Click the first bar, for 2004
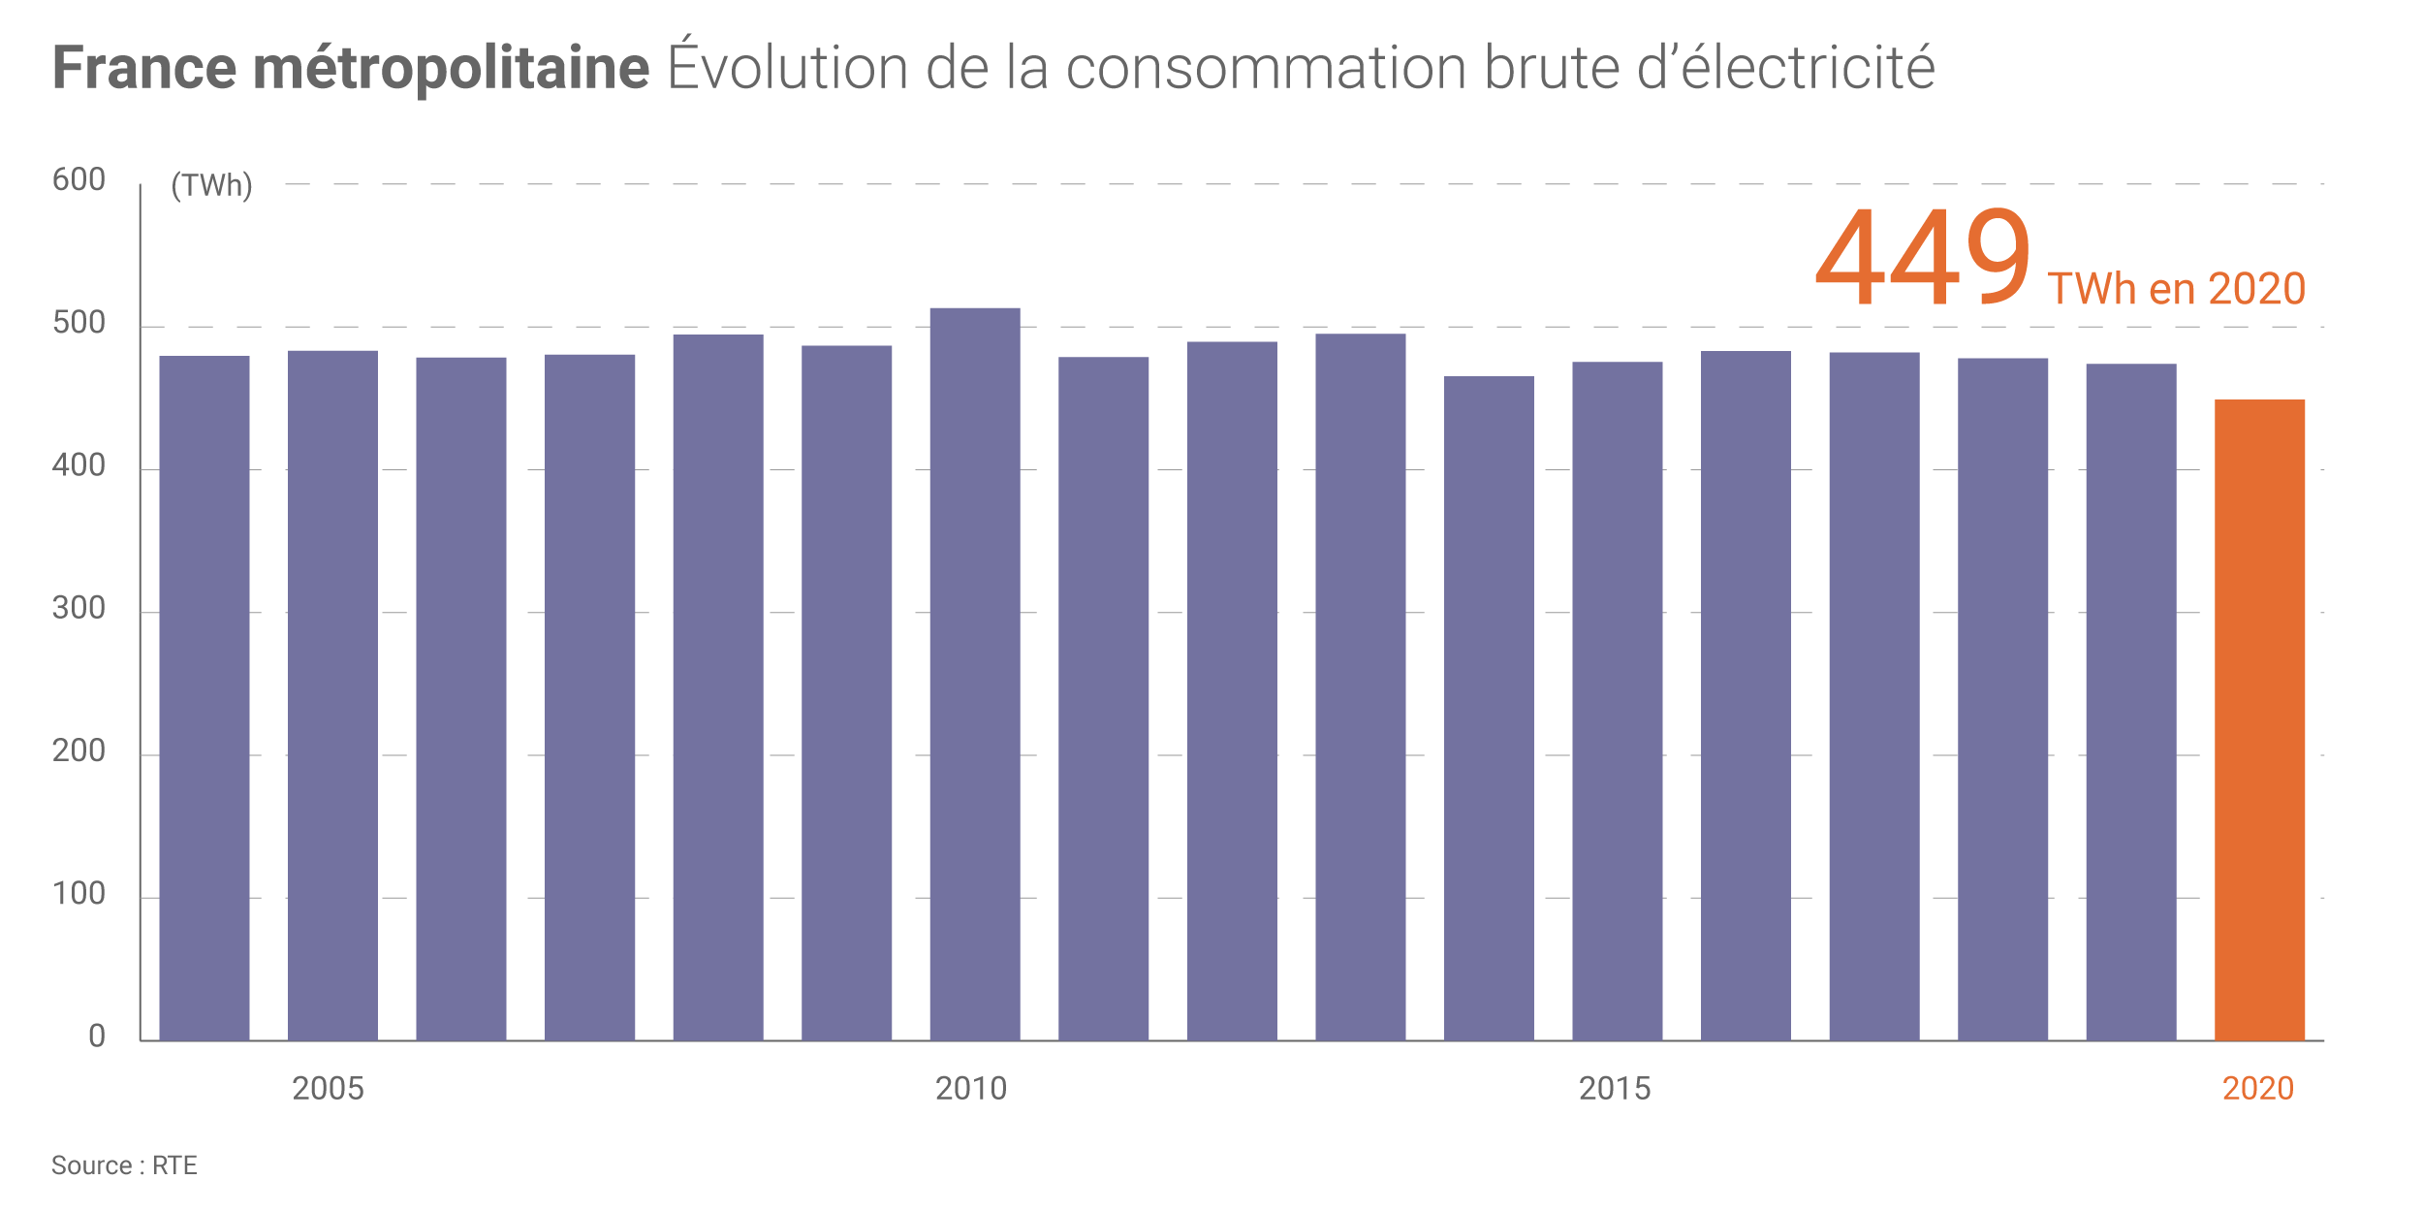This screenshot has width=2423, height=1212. (x=205, y=698)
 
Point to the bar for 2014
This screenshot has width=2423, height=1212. (x=1489, y=708)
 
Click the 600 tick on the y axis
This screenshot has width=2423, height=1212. (x=79, y=180)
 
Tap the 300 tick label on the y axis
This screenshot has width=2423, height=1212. (x=79, y=609)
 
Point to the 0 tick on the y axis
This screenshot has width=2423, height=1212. (x=97, y=1037)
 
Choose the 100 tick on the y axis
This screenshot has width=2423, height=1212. (x=79, y=894)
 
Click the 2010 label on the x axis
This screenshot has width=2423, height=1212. (x=971, y=1089)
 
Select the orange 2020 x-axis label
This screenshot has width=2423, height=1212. (x=2258, y=1089)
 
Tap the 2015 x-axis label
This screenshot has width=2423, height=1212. (x=1615, y=1089)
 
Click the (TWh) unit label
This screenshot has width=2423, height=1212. (x=211, y=185)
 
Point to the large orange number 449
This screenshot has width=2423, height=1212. (x=1923, y=258)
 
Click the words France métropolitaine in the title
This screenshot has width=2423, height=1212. (x=350, y=68)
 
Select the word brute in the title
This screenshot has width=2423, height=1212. (x=1552, y=68)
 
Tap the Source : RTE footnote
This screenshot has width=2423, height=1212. (x=124, y=1165)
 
